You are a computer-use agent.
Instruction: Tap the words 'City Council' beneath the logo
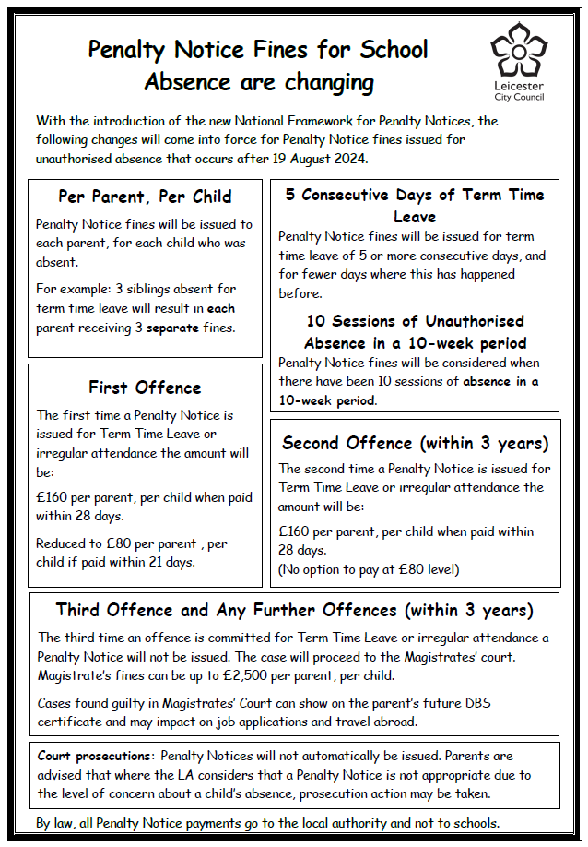[x=517, y=97]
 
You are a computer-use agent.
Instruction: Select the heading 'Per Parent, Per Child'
[x=145, y=197]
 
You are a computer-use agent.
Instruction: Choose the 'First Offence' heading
[x=145, y=387]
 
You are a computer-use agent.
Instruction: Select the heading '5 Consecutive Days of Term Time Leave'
[x=415, y=205]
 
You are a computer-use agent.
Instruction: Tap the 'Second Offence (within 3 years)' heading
[x=415, y=443]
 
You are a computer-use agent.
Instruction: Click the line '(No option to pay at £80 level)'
[x=369, y=568]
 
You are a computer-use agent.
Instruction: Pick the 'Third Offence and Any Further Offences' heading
[x=294, y=610]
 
